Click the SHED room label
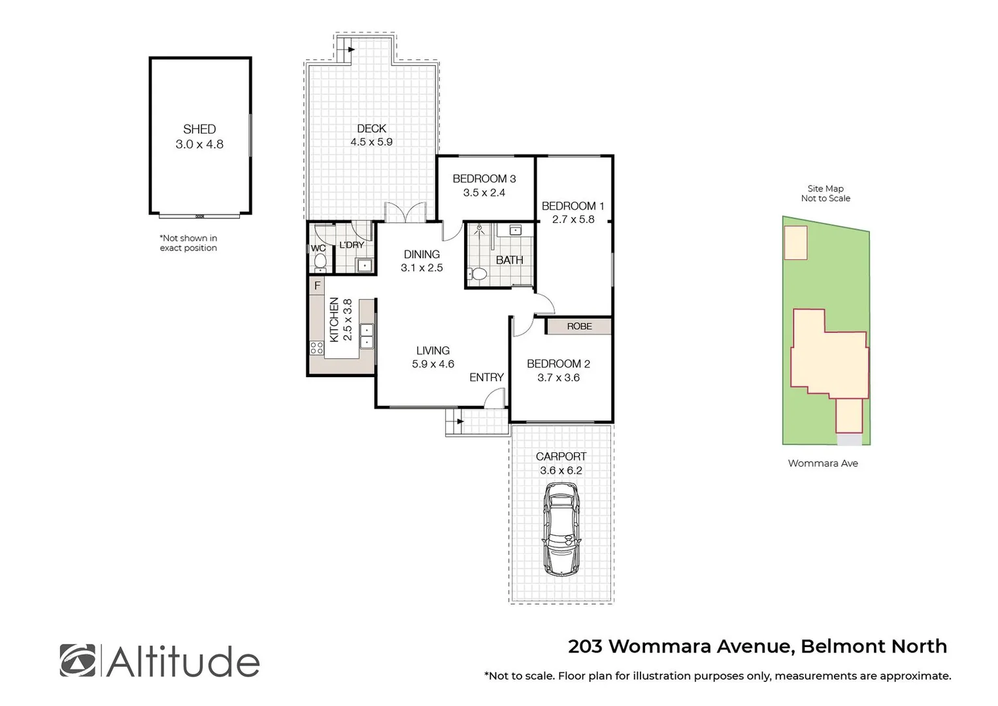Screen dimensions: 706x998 199,129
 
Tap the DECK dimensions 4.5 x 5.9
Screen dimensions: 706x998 371,142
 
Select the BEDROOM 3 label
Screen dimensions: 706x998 484,178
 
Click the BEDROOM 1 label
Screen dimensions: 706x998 573,206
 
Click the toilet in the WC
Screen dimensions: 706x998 320,261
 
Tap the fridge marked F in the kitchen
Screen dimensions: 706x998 317,286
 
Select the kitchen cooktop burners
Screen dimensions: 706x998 316,347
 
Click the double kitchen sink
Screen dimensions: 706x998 367,336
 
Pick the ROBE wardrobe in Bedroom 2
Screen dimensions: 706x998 579,326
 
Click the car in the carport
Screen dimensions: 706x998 561,529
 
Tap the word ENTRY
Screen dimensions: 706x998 486,377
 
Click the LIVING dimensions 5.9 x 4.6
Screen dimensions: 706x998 433,364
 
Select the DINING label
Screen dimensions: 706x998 422,254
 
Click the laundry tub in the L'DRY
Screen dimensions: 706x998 363,265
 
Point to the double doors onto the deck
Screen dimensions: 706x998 405,213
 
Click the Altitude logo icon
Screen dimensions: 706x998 77,660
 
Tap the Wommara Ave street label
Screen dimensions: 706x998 823,463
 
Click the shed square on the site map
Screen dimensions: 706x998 795,243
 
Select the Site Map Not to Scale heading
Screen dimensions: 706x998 825,193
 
